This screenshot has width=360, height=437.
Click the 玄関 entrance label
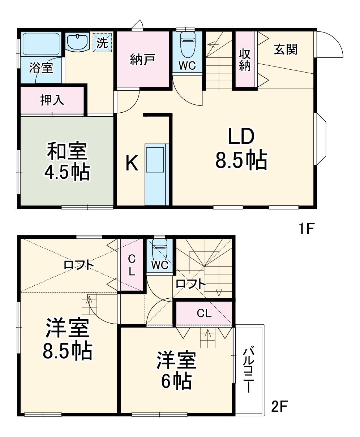click(286, 49)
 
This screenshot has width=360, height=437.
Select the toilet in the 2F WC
click(159, 249)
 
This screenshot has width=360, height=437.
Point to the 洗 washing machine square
click(102, 43)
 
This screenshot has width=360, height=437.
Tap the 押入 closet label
click(52, 100)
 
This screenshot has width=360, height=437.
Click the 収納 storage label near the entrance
click(245, 60)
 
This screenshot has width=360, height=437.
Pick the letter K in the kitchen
click(132, 164)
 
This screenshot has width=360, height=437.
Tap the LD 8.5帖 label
click(241, 148)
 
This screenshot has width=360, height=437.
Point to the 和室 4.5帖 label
click(67, 162)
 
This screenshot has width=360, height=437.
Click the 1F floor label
click(307, 229)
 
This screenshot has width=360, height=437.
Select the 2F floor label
click(279, 407)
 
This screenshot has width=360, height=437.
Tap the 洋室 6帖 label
click(176, 370)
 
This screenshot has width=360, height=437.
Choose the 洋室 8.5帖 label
click(67, 339)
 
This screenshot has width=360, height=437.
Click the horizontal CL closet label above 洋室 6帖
click(204, 313)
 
